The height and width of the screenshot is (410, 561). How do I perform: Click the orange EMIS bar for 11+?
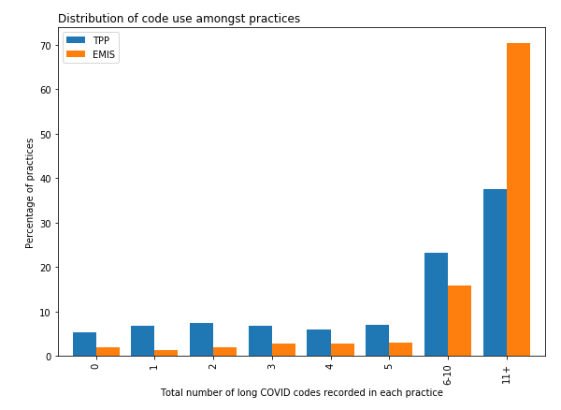point(518,199)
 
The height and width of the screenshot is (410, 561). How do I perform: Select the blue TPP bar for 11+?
point(495,272)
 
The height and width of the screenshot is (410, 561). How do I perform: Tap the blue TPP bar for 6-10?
point(436,304)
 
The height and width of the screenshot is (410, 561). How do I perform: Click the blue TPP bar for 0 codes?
point(84,344)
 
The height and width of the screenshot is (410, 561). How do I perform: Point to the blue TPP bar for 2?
point(201,340)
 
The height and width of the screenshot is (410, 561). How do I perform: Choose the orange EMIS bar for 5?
point(400,349)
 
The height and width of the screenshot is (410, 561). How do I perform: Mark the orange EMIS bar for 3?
point(283,350)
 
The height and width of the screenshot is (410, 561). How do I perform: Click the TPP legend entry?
point(89,41)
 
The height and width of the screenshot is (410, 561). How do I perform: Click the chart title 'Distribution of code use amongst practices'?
point(179,19)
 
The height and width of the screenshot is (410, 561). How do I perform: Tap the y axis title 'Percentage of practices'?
point(30,193)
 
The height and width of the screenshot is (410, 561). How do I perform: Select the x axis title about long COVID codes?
point(301,393)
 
